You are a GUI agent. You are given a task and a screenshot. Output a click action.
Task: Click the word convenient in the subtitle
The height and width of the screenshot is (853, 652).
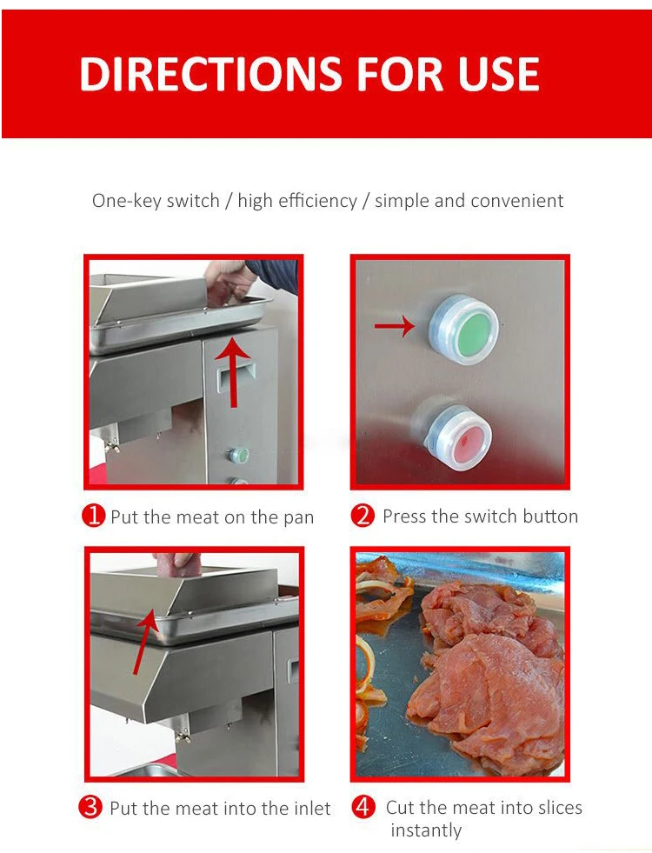coord(517,201)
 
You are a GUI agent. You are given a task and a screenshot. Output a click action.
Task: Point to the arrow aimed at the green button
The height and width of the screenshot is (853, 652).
coord(395,326)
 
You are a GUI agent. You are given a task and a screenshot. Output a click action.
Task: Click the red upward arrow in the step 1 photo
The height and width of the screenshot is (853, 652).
coord(233,371)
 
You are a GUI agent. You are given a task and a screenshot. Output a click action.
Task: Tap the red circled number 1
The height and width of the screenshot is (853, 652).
coord(93,515)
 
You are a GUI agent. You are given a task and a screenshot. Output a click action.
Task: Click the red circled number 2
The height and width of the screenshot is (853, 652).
coord(363,515)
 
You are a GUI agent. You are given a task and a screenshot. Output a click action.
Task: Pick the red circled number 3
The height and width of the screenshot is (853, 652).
coord(90,807)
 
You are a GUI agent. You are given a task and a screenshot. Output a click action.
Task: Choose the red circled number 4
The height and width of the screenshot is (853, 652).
coord(363,807)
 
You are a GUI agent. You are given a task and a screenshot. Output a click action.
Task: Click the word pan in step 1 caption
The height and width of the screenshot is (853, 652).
coord(298,518)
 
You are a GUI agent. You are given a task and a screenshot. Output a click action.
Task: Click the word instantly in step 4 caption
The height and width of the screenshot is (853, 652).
coord(426,830)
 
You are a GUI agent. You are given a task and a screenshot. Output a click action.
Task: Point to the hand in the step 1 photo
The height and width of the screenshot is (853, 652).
coord(230,282)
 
